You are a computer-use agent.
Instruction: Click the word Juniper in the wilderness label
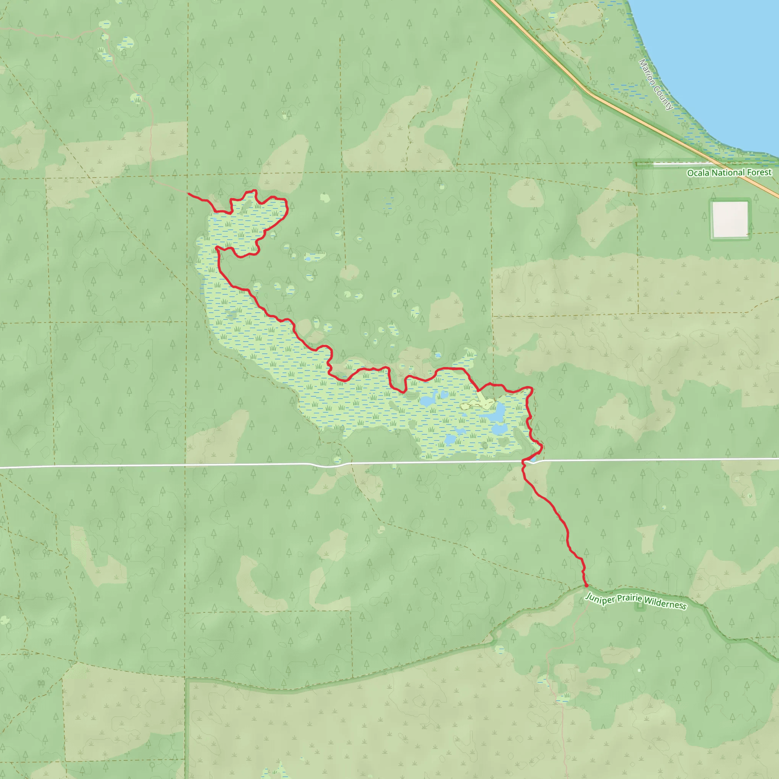pos(599,599)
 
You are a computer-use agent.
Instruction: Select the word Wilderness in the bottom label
pos(665,604)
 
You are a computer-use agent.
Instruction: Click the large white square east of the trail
pos(730,219)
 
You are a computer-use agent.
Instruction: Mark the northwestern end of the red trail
pos(189,194)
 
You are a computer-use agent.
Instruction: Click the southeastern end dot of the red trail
pos(586,585)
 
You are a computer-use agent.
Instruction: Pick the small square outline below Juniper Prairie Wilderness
pos(639,606)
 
